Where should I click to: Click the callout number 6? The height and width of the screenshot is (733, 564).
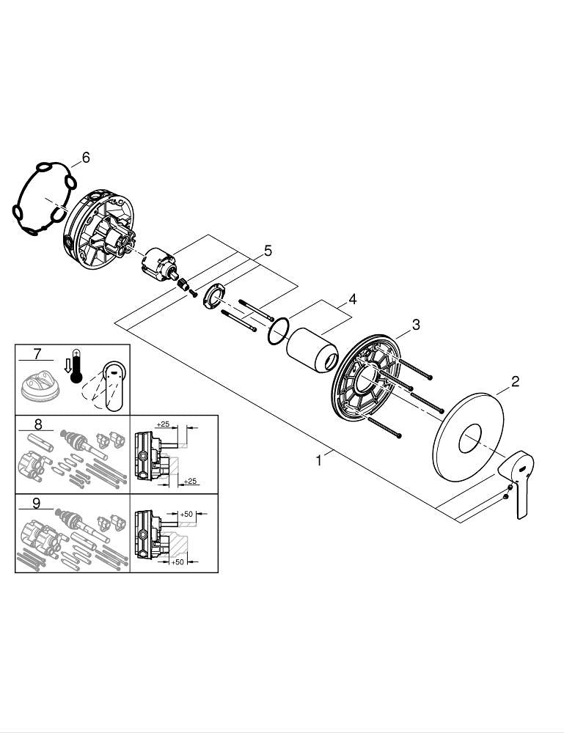[86, 158]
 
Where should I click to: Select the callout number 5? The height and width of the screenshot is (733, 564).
[268, 251]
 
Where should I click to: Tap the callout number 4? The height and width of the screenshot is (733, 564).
[353, 299]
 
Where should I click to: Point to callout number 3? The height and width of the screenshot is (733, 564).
[416, 325]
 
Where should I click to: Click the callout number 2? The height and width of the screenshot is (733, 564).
[515, 381]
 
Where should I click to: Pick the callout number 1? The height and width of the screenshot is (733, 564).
[318, 461]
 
